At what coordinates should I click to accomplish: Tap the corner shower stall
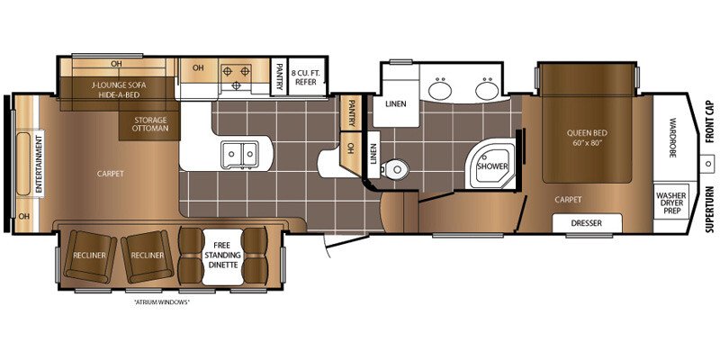[492, 166]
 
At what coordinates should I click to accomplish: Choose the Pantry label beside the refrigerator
[281, 76]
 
